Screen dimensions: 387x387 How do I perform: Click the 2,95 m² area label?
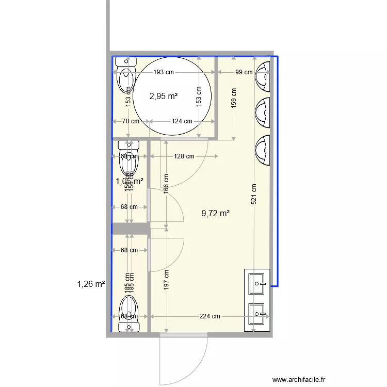click(x=164, y=96)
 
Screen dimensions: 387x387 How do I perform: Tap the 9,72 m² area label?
click(x=215, y=213)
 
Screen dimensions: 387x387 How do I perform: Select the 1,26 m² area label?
click(x=91, y=283)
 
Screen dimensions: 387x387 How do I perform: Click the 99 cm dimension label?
click(x=244, y=72)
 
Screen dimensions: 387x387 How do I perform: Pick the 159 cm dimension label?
click(x=234, y=99)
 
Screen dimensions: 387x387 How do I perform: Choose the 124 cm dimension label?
click(x=182, y=122)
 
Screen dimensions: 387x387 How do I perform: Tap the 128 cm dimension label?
click(x=184, y=156)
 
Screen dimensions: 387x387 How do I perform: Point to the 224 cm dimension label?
click(x=209, y=317)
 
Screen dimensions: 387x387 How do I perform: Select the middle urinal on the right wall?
click(x=263, y=112)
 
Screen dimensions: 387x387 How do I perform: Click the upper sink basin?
click(x=257, y=283)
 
